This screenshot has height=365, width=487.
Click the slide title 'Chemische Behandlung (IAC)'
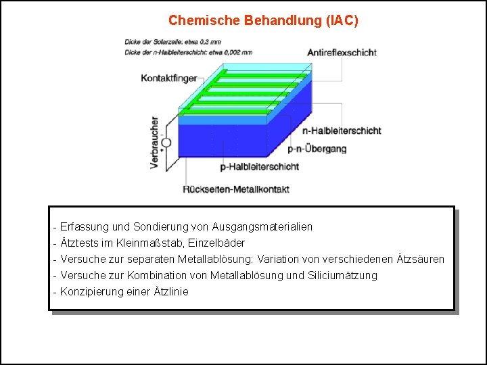(x=263, y=20)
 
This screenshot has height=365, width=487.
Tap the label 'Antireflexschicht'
(x=342, y=53)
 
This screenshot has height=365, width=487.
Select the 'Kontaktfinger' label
(x=168, y=78)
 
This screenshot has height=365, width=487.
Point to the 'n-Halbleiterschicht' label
(x=342, y=130)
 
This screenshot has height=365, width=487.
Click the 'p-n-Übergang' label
(x=317, y=148)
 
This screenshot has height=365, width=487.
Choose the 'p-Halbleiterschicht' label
(x=260, y=166)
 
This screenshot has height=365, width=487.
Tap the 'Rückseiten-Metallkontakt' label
(x=236, y=189)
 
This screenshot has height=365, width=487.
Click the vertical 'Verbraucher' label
(x=155, y=143)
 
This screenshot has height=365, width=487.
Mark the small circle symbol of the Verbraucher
(x=166, y=143)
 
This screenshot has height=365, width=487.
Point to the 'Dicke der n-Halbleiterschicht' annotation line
(x=189, y=51)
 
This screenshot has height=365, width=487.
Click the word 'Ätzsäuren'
(x=421, y=260)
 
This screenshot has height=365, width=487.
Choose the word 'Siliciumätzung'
(x=342, y=276)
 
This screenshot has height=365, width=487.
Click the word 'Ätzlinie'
(x=170, y=292)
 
